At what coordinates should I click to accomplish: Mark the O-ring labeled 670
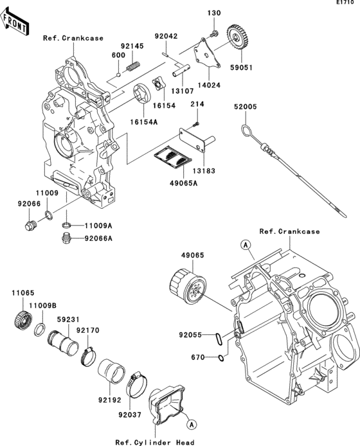(221, 357)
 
